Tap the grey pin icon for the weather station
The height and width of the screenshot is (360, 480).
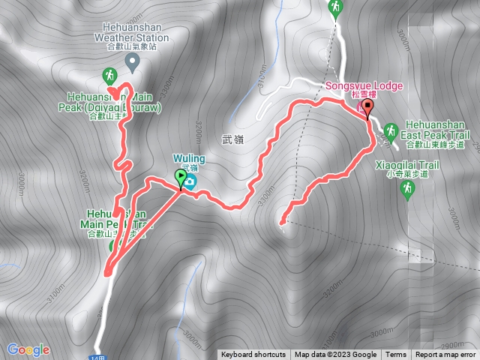pyautogui.click(x=133, y=60)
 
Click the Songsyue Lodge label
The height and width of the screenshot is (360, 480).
pyautogui.click(x=364, y=86)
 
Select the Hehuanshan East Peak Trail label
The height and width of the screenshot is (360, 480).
pyautogui.click(x=435, y=129)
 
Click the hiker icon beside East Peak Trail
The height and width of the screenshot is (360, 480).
pyautogui.click(x=390, y=133)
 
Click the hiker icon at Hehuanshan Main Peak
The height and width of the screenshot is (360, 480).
pyautogui.click(x=109, y=76)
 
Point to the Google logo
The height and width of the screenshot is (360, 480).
pyautogui.click(x=28, y=349)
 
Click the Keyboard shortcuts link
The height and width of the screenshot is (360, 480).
pyautogui.click(x=253, y=355)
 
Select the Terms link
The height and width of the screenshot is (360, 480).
pyautogui.click(x=396, y=355)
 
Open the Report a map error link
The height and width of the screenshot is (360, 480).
pyautogui.click(x=445, y=355)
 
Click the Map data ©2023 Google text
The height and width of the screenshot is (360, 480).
pyautogui.click(x=335, y=355)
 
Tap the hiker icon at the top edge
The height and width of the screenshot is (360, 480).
pyautogui.click(x=335, y=7)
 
